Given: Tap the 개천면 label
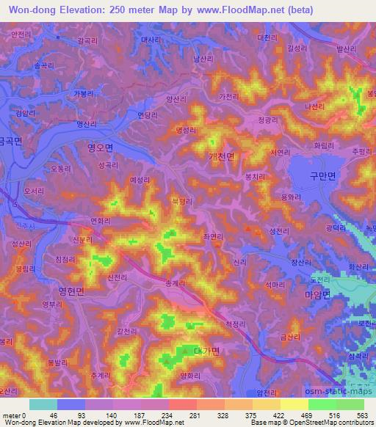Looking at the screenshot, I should (221, 156).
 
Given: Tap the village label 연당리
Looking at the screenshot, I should (148, 115).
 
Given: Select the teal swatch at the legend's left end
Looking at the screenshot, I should (43, 404).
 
